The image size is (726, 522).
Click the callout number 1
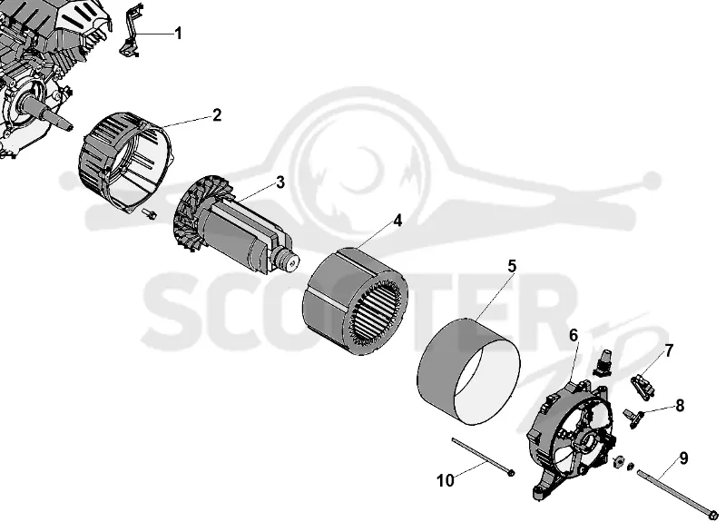(x=178, y=34)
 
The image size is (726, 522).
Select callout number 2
(x=217, y=115)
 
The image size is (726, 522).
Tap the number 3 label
(x=280, y=182)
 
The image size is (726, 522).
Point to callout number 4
(x=397, y=221)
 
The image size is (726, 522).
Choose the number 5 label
(x=512, y=266)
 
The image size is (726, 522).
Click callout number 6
(x=574, y=335)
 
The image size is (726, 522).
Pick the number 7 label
(x=670, y=350)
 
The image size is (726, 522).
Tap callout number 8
(x=680, y=406)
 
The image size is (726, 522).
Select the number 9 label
(x=683, y=458)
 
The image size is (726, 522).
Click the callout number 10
(x=446, y=481)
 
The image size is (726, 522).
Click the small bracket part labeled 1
(x=131, y=31)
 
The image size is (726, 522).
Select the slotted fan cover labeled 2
(x=126, y=162)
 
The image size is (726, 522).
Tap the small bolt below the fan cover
(x=149, y=213)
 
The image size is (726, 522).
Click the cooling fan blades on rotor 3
(x=191, y=214)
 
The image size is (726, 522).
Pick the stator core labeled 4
(x=355, y=302)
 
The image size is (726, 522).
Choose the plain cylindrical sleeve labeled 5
(x=468, y=371)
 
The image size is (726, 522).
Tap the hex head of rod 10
(x=511, y=472)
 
